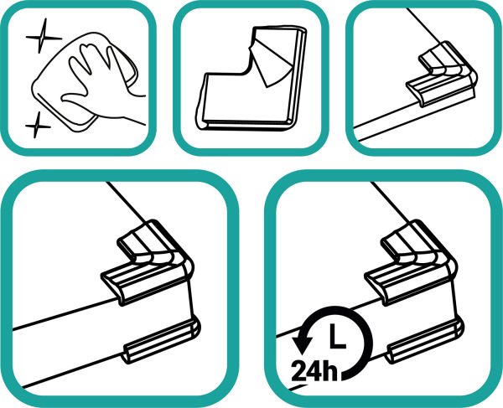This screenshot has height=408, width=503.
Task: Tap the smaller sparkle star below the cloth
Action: click(37, 126)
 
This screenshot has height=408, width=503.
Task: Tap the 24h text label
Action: click(314, 371)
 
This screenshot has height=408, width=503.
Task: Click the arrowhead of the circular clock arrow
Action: click(302, 345)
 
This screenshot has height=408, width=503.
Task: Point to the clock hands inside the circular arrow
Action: click(337, 337)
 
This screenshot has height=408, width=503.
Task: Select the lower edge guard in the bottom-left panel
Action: click(162, 341)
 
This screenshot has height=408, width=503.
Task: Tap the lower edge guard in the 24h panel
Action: click(425, 341)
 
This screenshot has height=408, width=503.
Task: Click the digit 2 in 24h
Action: click(298, 371)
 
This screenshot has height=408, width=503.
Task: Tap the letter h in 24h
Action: click(330, 371)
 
